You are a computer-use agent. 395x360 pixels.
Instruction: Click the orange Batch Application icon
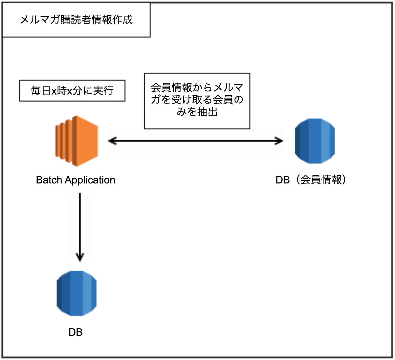click(76, 141)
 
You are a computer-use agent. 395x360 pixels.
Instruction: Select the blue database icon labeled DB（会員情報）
click(315, 141)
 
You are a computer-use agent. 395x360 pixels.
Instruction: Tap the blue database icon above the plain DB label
click(76, 293)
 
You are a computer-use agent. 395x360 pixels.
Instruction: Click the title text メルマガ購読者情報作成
click(76, 20)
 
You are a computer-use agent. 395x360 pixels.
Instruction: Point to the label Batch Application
click(75, 180)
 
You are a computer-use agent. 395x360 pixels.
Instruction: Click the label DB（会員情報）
click(311, 180)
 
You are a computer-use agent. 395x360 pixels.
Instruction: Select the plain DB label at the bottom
click(75, 332)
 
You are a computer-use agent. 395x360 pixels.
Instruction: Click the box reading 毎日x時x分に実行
click(72, 91)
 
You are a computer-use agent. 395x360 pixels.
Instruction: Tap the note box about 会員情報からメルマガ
click(197, 101)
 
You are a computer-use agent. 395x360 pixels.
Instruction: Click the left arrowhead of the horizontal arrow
click(112, 141)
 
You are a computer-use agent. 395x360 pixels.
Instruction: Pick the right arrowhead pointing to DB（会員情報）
click(279, 141)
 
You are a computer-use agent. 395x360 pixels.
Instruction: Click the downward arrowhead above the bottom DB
click(80, 257)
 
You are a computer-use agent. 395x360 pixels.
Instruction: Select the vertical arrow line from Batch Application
click(80, 227)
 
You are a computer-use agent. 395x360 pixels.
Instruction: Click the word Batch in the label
click(49, 180)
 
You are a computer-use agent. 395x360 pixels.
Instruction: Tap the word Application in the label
click(90, 180)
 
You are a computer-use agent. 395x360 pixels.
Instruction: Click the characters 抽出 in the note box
click(207, 112)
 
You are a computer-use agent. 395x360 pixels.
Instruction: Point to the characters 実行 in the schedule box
click(103, 91)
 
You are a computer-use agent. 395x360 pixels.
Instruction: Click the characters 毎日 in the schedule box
click(41, 91)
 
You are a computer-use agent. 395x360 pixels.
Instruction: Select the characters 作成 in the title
click(122, 20)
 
